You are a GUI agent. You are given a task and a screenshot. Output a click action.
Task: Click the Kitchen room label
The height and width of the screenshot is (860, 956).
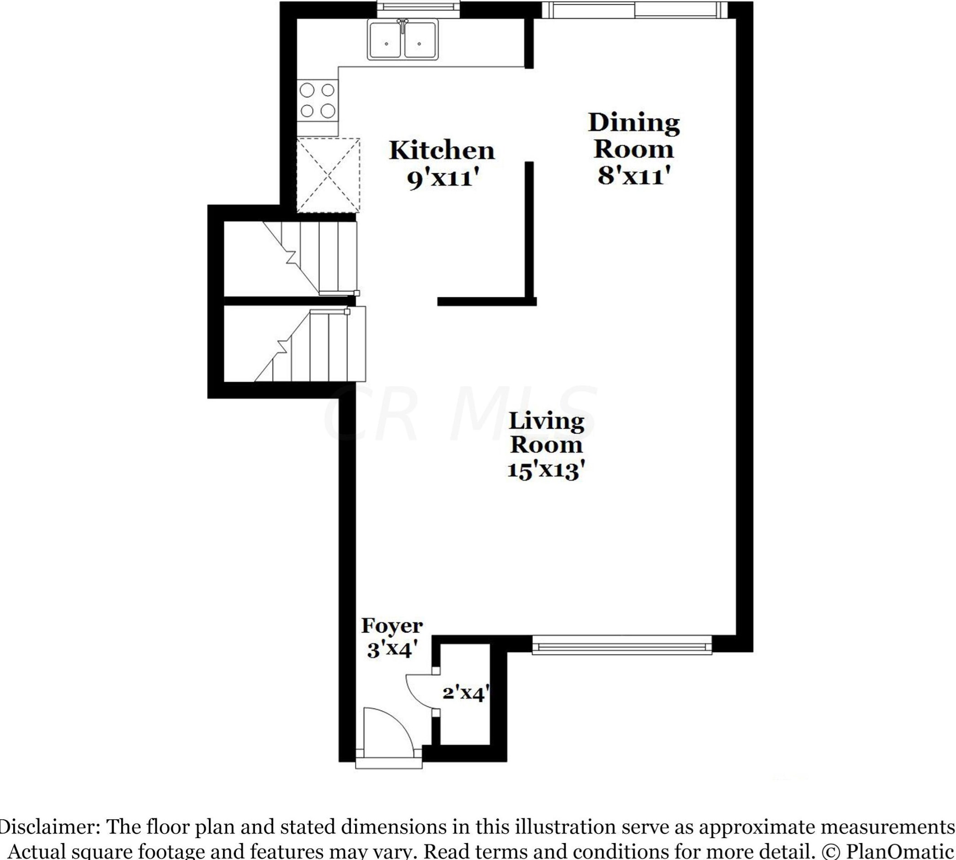point(441,151)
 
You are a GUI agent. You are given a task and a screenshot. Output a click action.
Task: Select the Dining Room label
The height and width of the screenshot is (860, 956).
point(633,136)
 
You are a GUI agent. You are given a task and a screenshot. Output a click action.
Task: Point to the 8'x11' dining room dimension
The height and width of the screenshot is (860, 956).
point(634,176)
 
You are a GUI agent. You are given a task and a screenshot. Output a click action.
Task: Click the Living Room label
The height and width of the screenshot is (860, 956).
point(546,433)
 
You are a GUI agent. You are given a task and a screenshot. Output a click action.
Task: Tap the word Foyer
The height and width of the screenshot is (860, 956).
point(392,626)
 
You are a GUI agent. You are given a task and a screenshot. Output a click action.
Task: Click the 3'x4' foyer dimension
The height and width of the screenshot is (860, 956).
point(392,650)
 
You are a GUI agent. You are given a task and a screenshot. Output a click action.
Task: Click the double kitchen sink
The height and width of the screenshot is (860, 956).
point(403,40)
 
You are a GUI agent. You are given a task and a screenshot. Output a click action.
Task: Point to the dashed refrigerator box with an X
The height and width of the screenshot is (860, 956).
point(328,175)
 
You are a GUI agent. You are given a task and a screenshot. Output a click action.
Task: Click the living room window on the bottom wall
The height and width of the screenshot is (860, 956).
point(621,645)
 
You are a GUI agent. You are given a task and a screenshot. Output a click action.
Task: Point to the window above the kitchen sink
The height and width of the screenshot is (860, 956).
point(418,9)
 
